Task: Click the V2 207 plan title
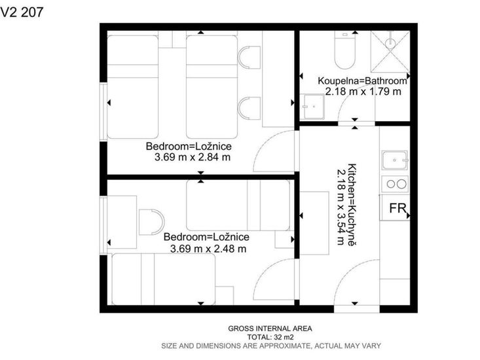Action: (x=22, y=12)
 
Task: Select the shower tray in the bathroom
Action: (x=390, y=52)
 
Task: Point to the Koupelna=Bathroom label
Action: (x=362, y=81)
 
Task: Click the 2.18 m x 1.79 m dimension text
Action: (x=363, y=92)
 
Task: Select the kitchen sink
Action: (x=395, y=160)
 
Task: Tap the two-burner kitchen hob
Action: (x=395, y=184)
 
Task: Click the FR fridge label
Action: (x=397, y=208)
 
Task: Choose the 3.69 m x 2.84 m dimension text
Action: (x=193, y=157)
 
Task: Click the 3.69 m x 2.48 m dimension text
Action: (x=208, y=249)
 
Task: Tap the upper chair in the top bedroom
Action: (x=249, y=57)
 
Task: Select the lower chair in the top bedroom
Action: (x=249, y=108)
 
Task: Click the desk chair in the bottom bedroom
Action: (x=151, y=222)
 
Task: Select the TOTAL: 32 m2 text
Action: (x=270, y=337)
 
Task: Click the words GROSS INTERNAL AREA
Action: (x=270, y=329)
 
